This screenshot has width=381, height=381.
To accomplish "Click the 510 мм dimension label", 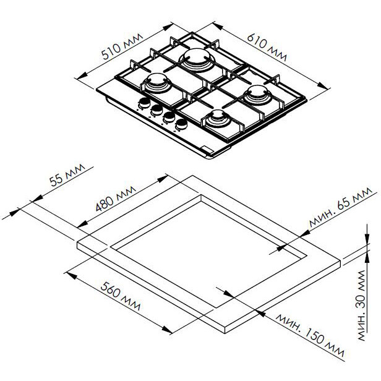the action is pyautogui.click(x=122, y=46).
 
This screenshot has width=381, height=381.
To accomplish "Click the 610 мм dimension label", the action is pyautogui.click(x=267, y=48).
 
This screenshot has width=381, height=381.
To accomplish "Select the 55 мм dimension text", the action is pyautogui.click(x=67, y=174).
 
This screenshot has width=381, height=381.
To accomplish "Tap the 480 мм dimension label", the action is pyautogui.click(x=116, y=198).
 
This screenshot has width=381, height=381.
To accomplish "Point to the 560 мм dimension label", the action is pyautogui.click(x=120, y=296).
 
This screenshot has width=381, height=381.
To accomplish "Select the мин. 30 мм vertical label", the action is pyautogui.click(x=362, y=305).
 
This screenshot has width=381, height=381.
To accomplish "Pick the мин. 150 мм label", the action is pyautogui.click(x=310, y=335).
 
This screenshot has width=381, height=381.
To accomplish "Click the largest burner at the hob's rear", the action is pyautogui.click(x=197, y=60).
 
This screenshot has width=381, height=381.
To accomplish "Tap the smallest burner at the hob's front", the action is pyautogui.click(x=218, y=118).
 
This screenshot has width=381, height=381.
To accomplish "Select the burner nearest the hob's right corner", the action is pyautogui.click(x=257, y=95).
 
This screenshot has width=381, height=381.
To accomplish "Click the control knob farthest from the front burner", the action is pyautogui.click(x=144, y=103).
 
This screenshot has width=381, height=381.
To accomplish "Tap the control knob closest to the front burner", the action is pyautogui.click(x=181, y=124).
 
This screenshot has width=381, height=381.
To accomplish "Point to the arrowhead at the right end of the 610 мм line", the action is pyautogui.click(x=322, y=85).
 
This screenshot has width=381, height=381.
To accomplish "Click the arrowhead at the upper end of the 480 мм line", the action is pyautogui.click(x=162, y=179).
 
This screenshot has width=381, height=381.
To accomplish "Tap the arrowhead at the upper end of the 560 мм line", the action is pyautogui.click(x=72, y=276).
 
